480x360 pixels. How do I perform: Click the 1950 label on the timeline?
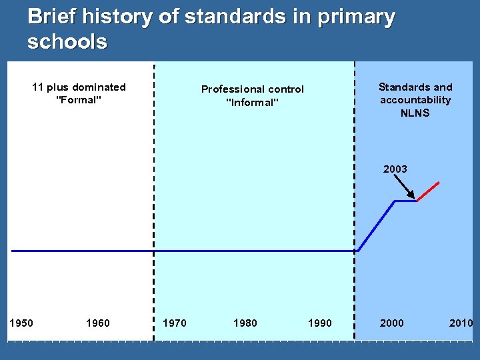(21, 323)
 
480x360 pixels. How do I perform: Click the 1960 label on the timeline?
(98, 323)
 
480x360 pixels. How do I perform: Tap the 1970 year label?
(175, 323)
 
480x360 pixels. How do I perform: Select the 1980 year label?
(245, 323)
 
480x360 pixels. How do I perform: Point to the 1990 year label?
(319, 323)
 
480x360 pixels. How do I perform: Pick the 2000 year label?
(391, 323)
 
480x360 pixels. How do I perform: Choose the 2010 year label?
(461, 323)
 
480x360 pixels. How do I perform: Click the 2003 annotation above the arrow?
(395, 169)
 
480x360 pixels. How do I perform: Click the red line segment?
(428, 191)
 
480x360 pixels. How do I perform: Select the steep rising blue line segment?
(377, 225)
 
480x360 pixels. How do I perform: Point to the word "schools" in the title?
(67, 42)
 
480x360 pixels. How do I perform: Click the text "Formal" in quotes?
(79, 100)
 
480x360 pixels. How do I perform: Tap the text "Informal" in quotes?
(252, 102)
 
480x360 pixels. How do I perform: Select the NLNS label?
(415, 113)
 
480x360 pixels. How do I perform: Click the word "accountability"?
(415, 100)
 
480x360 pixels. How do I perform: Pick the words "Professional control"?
(252, 89)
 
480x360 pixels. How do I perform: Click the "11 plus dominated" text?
(79, 87)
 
